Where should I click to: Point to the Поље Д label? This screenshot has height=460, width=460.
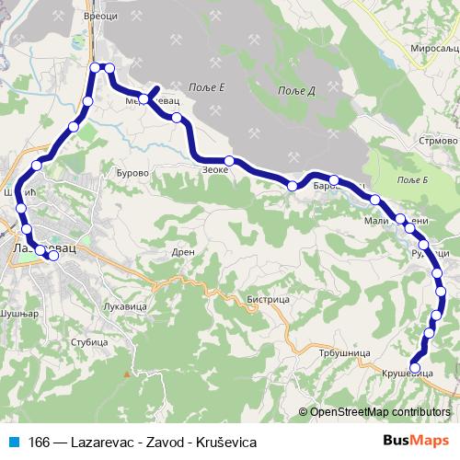coord(298,90)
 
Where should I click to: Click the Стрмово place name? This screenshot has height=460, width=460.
coord(438,142)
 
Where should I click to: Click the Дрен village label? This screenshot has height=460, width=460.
coord(183,251)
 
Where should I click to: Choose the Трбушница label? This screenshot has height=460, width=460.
coord(345,352)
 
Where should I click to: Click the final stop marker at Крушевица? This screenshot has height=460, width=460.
coord(415,367)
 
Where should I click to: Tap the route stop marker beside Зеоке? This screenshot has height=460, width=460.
coord(229,161)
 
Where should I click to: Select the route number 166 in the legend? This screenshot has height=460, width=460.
coord(40,442)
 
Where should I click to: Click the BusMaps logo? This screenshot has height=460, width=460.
coord(416,441)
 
